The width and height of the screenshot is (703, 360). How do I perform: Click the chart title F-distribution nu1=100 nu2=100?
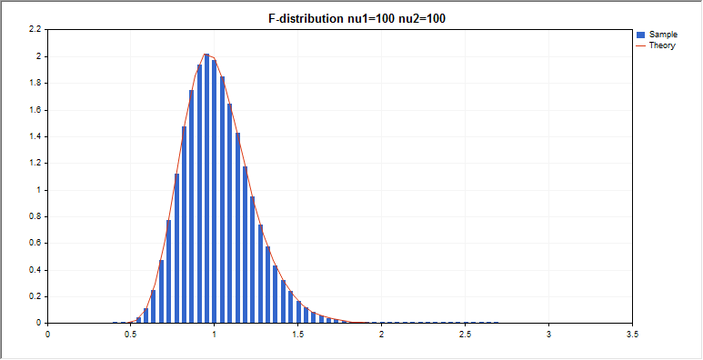(351, 17)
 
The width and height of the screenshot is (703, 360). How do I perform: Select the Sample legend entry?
(663, 34)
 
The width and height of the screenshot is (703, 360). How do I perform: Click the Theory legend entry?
(661, 45)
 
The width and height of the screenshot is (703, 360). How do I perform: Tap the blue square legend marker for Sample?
(641, 34)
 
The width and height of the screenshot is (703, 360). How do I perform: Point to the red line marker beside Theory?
(641, 45)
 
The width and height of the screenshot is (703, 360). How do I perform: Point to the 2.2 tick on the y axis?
(35, 30)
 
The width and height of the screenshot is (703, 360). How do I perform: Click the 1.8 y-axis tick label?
(35, 84)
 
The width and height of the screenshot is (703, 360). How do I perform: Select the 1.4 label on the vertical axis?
(35, 137)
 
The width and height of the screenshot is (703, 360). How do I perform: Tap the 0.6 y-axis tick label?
(35, 244)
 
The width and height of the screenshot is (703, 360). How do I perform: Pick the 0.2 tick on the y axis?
(35, 296)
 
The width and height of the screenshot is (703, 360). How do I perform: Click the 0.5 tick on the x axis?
(131, 335)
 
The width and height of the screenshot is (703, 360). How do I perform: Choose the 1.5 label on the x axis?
(298, 335)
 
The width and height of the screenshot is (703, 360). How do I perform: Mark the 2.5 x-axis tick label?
(465, 335)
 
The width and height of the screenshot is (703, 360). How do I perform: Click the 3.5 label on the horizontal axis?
(632, 335)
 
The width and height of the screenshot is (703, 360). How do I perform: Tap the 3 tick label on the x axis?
(548, 335)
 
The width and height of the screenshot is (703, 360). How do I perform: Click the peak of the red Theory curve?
(207, 55)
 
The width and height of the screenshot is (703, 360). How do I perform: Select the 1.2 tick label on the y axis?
(35, 164)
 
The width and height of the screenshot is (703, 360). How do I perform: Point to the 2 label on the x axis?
(382, 335)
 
